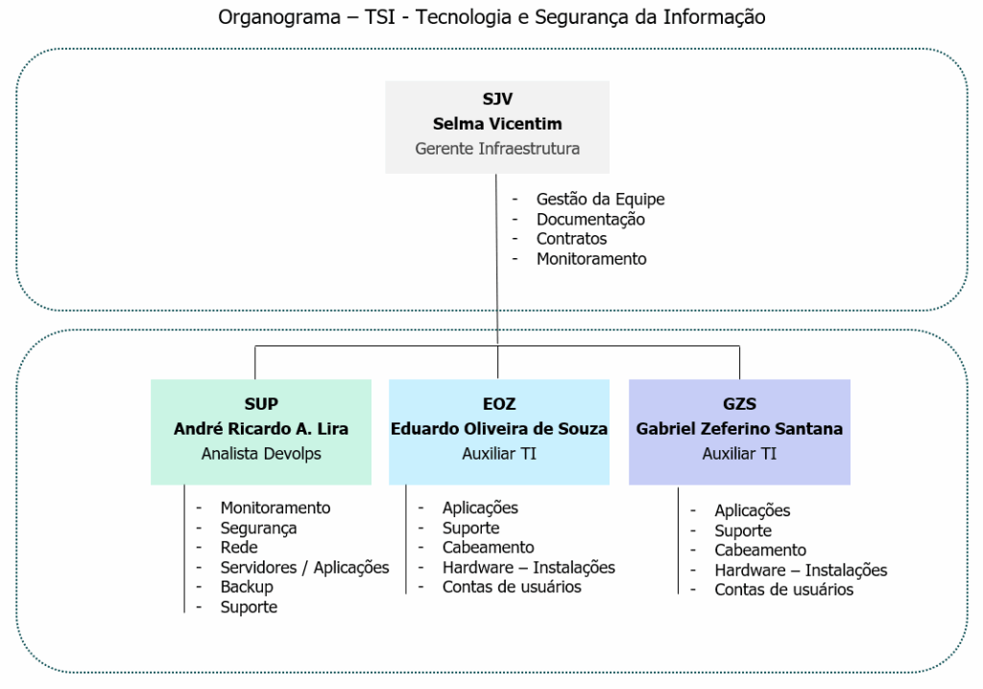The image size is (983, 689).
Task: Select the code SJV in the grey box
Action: pyautogui.click(x=497, y=99)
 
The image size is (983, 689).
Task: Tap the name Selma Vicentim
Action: pyautogui.click(x=497, y=124)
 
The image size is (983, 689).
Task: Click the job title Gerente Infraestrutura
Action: pyautogui.click(x=497, y=149)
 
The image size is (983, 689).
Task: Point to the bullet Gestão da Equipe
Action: pyautogui.click(x=600, y=199)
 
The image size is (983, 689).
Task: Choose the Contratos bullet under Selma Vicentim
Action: pyautogui.click(x=571, y=238)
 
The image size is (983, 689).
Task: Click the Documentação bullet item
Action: pyautogui.click(x=590, y=219)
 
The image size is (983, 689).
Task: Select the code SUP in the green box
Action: pyautogui.click(x=261, y=404)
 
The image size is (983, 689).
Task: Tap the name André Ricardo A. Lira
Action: pyautogui.click(x=261, y=429)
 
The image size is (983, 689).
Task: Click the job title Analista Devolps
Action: pyautogui.click(x=261, y=453)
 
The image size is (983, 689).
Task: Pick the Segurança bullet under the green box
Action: pyautogui.click(x=258, y=527)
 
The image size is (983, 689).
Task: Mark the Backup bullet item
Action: pyautogui.click(x=247, y=586)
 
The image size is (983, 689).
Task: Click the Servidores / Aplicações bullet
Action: pyautogui.click(x=304, y=567)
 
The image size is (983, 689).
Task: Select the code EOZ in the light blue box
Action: pyautogui.click(x=499, y=404)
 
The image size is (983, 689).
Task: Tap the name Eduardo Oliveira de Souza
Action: pyautogui.click(x=499, y=429)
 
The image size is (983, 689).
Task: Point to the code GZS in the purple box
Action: pyautogui.click(x=739, y=404)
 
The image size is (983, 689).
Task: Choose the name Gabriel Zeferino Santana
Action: pyautogui.click(x=739, y=429)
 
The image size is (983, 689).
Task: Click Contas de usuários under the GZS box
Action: pyautogui.click(x=783, y=590)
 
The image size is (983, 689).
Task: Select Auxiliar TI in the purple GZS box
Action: pyautogui.click(x=739, y=453)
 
